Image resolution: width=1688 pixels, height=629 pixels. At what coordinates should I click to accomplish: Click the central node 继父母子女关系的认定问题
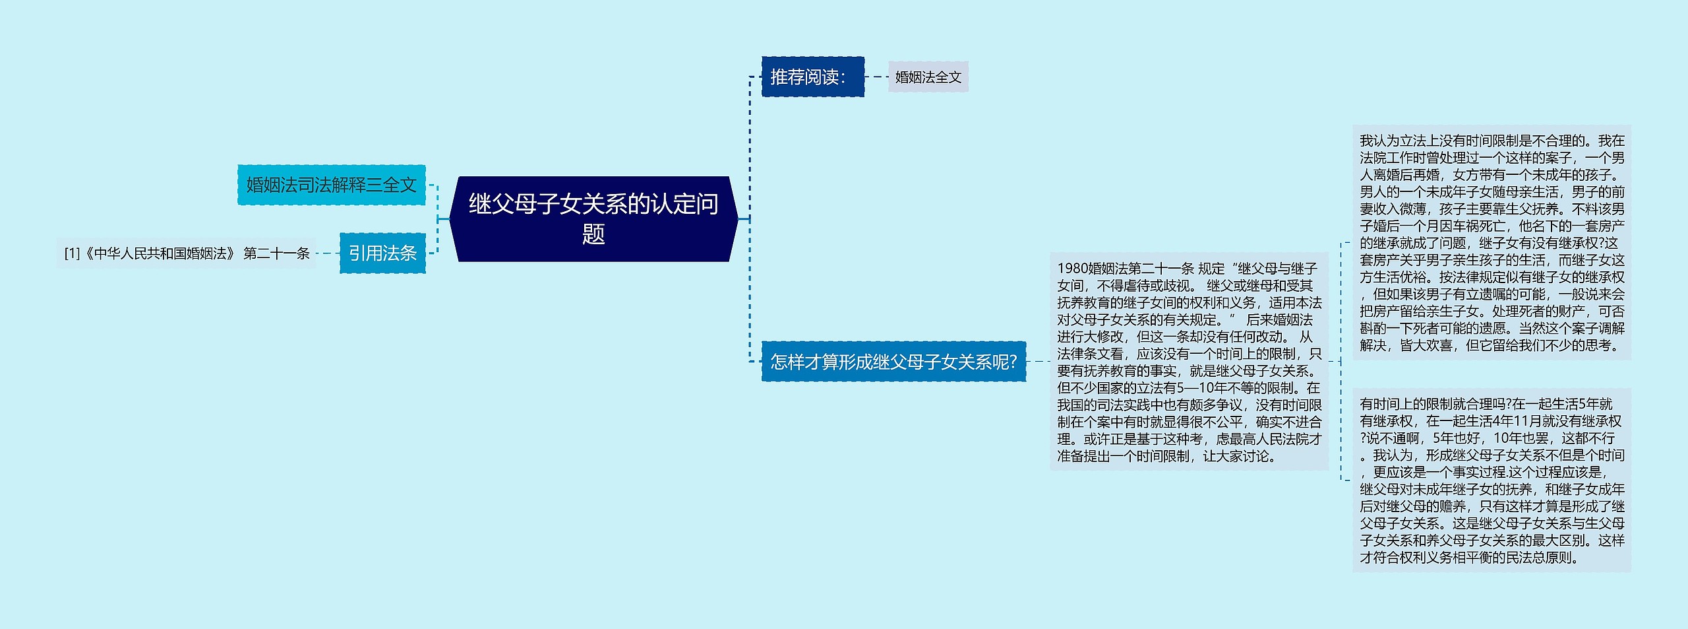coord(593,218)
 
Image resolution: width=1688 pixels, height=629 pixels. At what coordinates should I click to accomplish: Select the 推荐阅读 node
coord(812,77)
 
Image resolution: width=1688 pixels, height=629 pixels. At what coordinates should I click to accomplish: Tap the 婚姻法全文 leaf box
coord(928,77)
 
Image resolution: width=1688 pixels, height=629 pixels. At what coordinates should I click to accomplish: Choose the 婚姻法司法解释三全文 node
coord(331,185)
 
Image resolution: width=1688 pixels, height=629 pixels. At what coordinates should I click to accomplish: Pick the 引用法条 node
coord(382,253)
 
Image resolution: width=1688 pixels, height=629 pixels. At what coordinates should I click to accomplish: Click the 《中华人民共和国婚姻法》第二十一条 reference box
coord(187,253)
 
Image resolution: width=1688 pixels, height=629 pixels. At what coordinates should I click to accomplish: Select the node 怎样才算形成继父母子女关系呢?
coord(893,362)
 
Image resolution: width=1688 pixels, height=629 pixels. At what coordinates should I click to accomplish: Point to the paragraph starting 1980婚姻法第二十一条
coord(1188,362)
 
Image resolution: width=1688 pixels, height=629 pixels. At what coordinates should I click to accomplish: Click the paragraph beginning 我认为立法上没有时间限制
coord(1492,243)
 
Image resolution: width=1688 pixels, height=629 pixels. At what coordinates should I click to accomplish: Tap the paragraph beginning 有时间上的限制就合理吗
coord(1492,480)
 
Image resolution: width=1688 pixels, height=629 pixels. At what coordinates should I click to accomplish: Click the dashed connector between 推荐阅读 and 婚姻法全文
coord(876,77)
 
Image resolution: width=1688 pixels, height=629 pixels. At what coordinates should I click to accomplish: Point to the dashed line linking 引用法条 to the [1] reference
coord(328,253)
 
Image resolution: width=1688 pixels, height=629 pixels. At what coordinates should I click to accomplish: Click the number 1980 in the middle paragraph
coord(1072,269)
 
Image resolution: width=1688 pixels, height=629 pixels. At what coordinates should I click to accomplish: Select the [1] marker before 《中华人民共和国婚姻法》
coord(72,253)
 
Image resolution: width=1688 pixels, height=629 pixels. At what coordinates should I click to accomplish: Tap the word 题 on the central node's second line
coord(593,234)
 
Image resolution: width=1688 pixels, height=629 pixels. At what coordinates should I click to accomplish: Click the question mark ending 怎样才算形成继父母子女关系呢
coord(1013,362)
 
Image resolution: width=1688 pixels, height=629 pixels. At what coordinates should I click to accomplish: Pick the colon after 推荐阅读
coord(843,78)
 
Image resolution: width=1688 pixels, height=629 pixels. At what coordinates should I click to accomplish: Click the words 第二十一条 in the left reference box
coord(276,253)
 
